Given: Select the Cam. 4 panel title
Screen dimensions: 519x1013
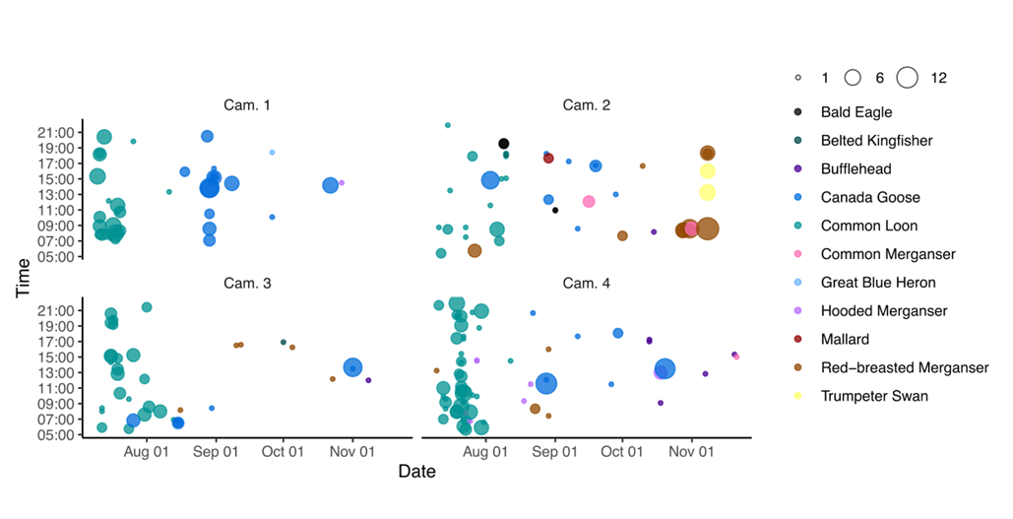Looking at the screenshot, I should pyautogui.click(x=586, y=284).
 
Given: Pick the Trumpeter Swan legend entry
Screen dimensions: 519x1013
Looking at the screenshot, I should pyautogui.click(x=874, y=396).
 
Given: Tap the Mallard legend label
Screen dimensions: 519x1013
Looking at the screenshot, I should pyautogui.click(x=845, y=340).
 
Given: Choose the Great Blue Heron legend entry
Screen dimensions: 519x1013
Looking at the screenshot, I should pyautogui.click(x=878, y=283).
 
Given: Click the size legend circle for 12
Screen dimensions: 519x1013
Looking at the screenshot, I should pyautogui.click(x=907, y=77).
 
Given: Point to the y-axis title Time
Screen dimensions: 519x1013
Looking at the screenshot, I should pyautogui.click(x=22, y=279).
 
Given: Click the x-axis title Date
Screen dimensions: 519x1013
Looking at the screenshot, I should pyautogui.click(x=416, y=472).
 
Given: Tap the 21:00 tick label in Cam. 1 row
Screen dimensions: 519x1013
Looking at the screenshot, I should pyautogui.click(x=60, y=133).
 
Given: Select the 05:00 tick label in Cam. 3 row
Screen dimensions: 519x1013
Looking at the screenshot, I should pyautogui.click(x=60, y=434).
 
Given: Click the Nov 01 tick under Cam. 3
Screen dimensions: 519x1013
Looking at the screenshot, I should pyautogui.click(x=351, y=452).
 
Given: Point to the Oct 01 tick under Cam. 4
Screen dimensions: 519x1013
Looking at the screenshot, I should pyautogui.click(x=621, y=452).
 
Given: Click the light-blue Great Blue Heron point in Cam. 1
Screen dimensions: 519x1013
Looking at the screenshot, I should pyautogui.click(x=272, y=153).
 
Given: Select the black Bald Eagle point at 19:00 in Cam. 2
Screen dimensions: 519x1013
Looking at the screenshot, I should pyautogui.click(x=504, y=144).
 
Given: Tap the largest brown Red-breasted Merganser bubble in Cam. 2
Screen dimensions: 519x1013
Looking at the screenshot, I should pyautogui.click(x=707, y=228).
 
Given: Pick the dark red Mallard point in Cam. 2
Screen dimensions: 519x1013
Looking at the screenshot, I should pyautogui.click(x=548, y=159).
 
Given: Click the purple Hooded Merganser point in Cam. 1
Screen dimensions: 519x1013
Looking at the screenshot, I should pyautogui.click(x=342, y=183).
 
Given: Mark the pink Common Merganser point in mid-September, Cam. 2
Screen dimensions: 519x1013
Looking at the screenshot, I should pyautogui.click(x=589, y=202).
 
